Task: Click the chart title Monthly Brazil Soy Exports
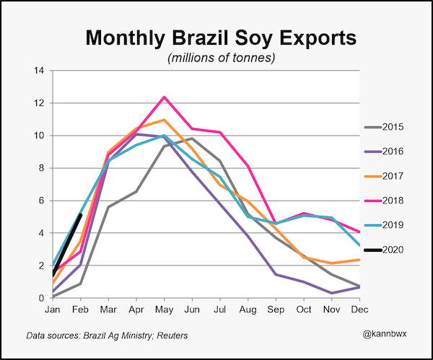pos(221,38)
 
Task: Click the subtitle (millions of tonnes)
pos(221,56)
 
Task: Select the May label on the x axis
pos(164,309)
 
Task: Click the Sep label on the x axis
pos(275,309)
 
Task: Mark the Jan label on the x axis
pos(53,309)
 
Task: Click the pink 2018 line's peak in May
pos(164,97)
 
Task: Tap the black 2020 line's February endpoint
pos(80,214)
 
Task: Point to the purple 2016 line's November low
pos(331,293)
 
